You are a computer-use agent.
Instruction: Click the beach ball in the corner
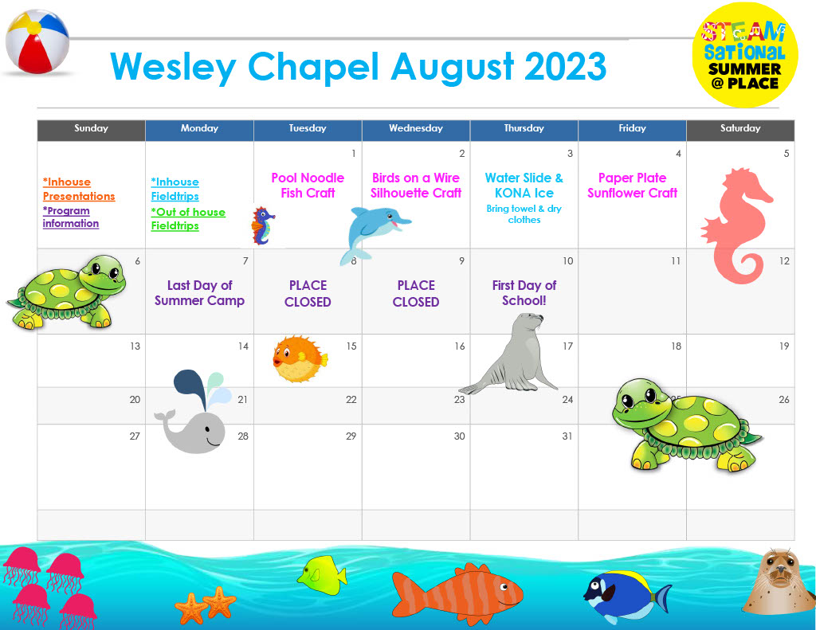click(37, 41)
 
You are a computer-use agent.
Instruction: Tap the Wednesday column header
click(416, 128)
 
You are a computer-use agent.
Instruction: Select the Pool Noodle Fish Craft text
click(308, 186)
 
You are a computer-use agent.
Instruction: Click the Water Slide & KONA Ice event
click(524, 186)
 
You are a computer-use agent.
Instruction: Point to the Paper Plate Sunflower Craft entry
click(632, 186)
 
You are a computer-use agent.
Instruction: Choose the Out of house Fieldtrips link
click(188, 219)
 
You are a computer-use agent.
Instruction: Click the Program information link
click(71, 217)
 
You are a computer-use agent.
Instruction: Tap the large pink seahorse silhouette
click(736, 225)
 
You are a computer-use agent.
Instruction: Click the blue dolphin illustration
click(374, 233)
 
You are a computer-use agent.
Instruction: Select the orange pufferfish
click(300, 359)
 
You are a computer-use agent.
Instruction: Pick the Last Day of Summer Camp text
click(199, 293)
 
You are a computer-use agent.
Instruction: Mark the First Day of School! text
click(524, 293)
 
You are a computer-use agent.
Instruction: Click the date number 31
click(567, 436)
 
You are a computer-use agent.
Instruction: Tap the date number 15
click(351, 346)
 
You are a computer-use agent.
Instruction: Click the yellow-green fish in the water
click(322, 575)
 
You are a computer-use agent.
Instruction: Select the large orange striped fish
click(457, 593)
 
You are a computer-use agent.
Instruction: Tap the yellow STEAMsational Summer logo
click(745, 55)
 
